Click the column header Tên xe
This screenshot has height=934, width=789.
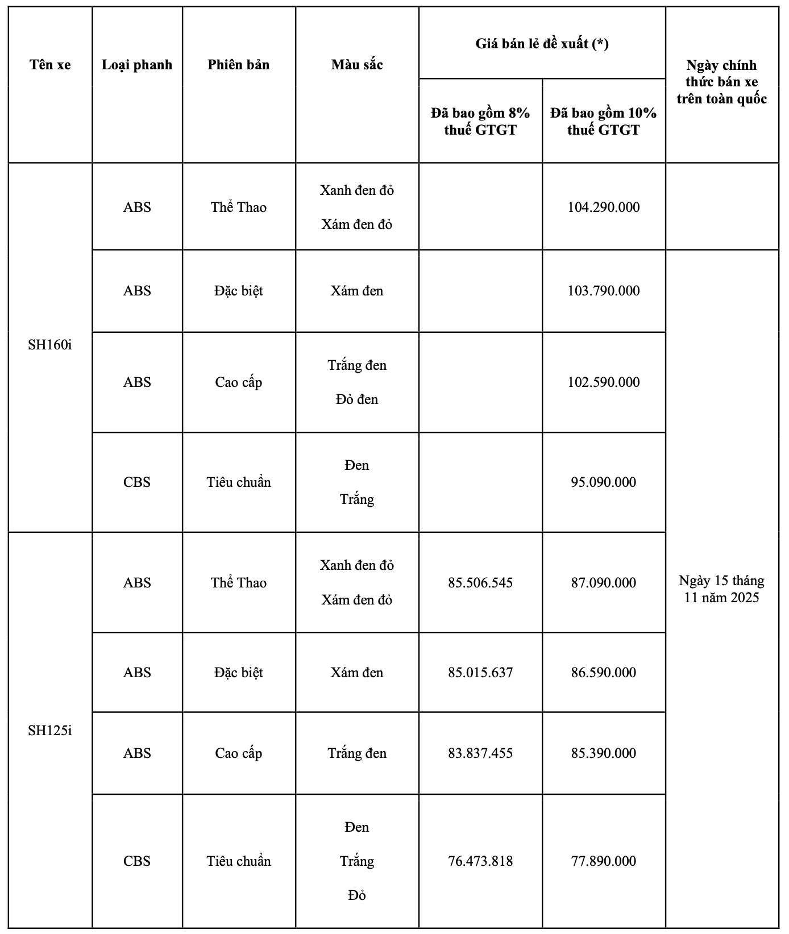click(50, 65)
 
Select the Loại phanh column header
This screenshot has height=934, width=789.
click(137, 65)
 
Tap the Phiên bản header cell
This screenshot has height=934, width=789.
click(239, 65)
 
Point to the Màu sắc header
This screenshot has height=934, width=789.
click(357, 65)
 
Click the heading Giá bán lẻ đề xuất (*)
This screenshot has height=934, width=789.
click(542, 44)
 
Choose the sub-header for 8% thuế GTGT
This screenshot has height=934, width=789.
click(480, 121)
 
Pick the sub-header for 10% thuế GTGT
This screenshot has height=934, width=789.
click(603, 121)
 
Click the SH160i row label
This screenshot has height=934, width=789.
click(50, 345)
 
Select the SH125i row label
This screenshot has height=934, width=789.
click(50, 730)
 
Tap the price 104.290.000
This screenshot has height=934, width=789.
click(603, 207)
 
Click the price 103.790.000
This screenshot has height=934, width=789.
click(603, 291)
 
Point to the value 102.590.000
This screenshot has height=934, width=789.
click(603, 382)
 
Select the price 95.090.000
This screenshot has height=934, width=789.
click(603, 482)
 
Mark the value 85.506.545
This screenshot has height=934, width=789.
click(480, 583)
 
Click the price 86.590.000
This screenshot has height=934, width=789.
click(603, 673)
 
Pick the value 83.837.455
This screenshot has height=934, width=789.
click(480, 753)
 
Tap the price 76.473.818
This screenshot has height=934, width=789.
click(480, 861)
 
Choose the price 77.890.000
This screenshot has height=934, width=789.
click(603, 861)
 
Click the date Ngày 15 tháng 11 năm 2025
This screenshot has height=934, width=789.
click(721, 589)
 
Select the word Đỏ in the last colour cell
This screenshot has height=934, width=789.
click(357, 895)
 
